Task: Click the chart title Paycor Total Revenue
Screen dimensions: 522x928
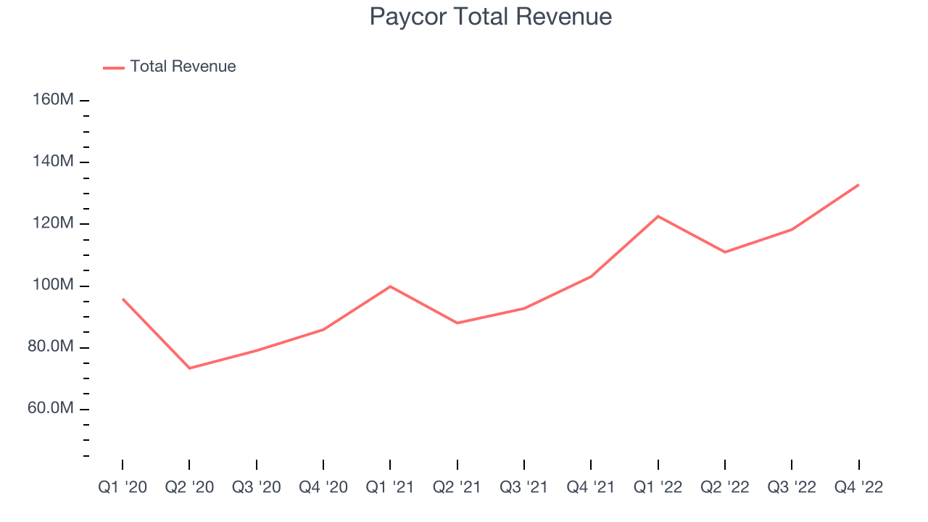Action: (x=490, y=17)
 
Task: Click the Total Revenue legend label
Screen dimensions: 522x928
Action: (x=183, y=67)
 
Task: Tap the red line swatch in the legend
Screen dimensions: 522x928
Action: (x=114, y=67)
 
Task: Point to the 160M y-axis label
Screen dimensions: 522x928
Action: (x=53, y=99)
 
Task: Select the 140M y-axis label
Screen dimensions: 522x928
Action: (x=53, y=161)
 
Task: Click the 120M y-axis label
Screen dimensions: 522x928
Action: (x=53, y=223)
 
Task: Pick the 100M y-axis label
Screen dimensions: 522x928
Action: (x=53, y=285)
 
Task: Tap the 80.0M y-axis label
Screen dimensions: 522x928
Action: (x=51, y=347)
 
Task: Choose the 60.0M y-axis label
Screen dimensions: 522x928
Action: (x=51, y=408)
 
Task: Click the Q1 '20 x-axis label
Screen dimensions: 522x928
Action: (x=123, y=487)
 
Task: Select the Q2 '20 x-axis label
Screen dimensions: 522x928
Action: (x=189, y=487)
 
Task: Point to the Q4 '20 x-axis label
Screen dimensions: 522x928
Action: (x=323, y=487)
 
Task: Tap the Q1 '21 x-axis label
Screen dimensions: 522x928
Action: (x=390, y=487)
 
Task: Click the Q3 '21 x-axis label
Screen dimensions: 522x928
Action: (x=524, y=487)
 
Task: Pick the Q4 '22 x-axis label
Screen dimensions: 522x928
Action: (x=859, y=487)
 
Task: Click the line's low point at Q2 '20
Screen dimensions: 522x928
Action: (x=189, y=368)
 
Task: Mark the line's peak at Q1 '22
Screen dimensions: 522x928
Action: (x=658, y=216)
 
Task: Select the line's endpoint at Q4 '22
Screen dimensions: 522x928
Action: (x=858, y=185)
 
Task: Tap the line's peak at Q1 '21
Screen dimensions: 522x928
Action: (x=390, y=286)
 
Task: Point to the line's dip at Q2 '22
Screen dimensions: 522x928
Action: (x=725, y=252)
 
